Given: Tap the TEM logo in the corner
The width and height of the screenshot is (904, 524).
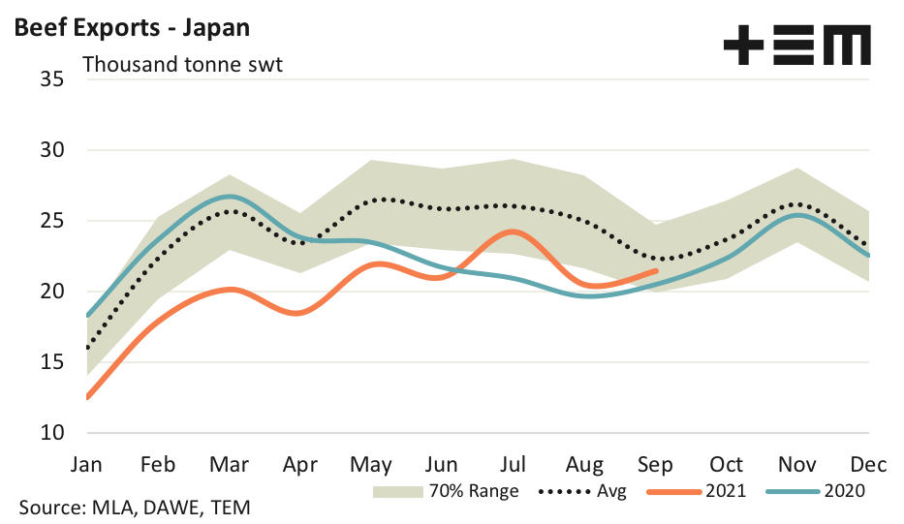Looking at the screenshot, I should [x=796, y=46].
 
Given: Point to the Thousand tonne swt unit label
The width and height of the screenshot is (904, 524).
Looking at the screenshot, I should [x=182, y=65].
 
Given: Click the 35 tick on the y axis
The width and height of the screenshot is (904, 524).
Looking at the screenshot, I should [x=51, y=79].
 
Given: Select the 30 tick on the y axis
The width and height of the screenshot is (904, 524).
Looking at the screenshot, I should [x=51, y=150].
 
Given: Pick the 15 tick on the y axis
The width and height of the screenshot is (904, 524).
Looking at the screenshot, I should [x=51, y=362].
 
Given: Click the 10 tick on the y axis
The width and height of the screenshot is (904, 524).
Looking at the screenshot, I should [x=51, y=432].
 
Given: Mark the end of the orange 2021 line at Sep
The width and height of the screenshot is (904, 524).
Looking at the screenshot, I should [x=656, y=270].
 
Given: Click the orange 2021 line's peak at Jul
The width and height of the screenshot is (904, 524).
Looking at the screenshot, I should [x=513, y=231].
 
